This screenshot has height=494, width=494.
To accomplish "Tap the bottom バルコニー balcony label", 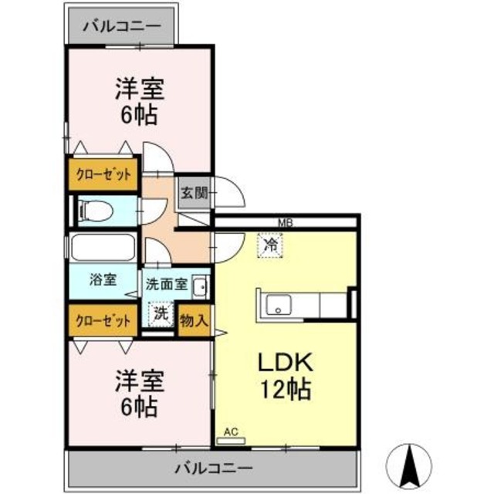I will coord(212,468).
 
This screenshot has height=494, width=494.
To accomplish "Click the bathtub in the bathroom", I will coord(103,249).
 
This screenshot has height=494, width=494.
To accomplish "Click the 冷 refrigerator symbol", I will coord(271,246).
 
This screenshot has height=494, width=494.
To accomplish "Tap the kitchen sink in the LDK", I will coord(276,306).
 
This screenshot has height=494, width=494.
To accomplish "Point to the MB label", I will coord(285,224).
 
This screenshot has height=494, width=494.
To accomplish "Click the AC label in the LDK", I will coord(229,432).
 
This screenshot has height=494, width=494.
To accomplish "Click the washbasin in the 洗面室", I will coord(199,286).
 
